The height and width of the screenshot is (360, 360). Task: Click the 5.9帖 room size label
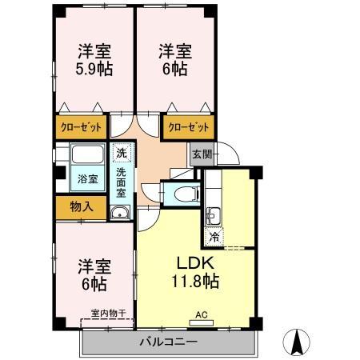click(94, 69)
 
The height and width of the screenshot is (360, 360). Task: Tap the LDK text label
click(195, 263)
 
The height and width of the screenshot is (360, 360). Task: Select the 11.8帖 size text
click(195, 282)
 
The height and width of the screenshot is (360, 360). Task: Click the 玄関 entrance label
click(202, 154)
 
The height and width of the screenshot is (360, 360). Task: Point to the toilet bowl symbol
click(186, 193)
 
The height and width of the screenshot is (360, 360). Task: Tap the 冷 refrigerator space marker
click(214, 237)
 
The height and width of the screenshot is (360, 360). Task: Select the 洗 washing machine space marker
click(122, 153)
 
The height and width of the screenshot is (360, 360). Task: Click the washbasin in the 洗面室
click(120, 213)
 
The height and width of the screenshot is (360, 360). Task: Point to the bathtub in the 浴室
click(87, 154)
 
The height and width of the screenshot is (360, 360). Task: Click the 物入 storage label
click(82, 206)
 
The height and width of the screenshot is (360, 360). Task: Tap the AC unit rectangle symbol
click(202, 323)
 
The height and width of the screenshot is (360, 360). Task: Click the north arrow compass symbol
click(296, 342)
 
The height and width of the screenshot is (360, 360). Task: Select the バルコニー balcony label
click(169, 342)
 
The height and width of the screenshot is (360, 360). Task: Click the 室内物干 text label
click(108, 314)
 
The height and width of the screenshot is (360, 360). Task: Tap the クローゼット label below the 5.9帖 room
click(81, 127)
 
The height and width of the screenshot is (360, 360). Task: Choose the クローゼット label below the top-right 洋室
click(188, 127)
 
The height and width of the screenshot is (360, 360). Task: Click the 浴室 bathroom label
click(87, 178)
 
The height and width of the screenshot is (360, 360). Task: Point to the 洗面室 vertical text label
click(121, 182)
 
